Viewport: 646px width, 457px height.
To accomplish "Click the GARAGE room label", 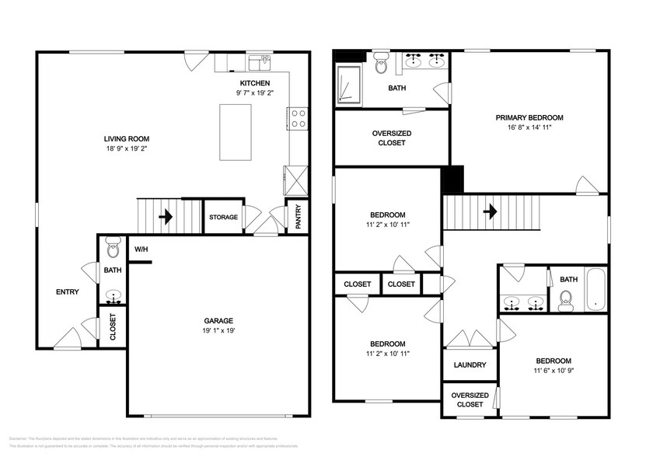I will coord(218,320).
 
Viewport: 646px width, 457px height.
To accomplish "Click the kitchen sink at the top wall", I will coord(258,61).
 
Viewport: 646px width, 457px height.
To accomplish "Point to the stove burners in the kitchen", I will coord(298,118).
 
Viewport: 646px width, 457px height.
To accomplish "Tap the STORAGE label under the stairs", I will coord(223,217).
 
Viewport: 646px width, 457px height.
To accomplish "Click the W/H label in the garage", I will coord(141,249).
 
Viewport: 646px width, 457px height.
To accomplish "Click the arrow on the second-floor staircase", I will coord(490,211).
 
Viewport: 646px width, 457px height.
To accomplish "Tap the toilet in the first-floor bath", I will coord(113,249).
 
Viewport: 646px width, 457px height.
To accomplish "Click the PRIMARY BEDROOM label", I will coord(529,117).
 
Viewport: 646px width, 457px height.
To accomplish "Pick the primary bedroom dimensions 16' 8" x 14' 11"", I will coord(529,127).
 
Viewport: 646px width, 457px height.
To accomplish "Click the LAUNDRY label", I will coord(470,365).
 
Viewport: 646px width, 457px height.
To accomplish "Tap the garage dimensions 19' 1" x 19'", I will coord(218,330).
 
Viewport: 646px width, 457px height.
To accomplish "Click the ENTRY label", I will coord(67,292).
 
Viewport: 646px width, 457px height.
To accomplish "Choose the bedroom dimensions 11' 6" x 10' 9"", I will coord(553,371).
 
